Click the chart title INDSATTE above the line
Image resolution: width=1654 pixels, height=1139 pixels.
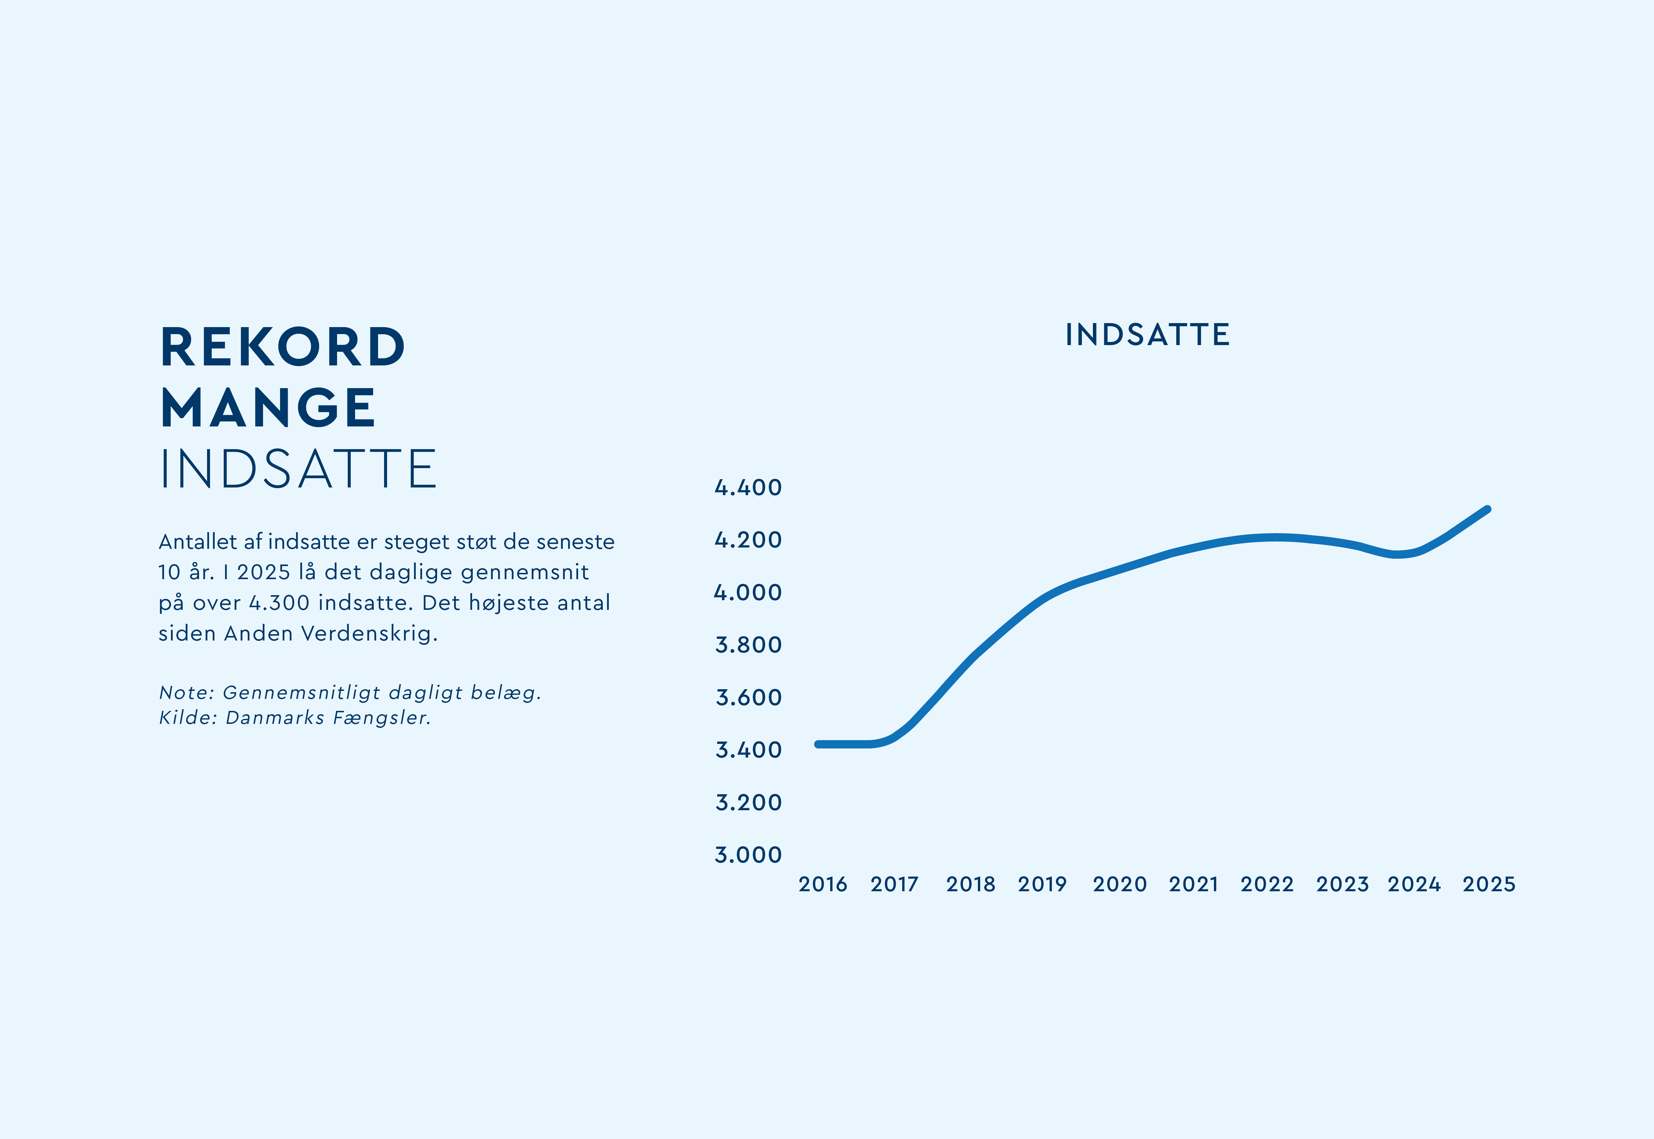click(1147, 335)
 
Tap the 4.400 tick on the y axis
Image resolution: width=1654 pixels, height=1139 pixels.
click(748, 487)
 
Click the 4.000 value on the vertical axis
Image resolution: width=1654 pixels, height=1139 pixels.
click(748, 592)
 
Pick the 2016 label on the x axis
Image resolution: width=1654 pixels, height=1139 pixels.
click(823, 884)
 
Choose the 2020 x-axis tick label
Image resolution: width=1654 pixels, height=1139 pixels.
click(1120, 884)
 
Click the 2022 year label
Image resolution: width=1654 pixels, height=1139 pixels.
click(1267, 884)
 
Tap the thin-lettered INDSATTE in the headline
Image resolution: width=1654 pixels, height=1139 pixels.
click(298, 469)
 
